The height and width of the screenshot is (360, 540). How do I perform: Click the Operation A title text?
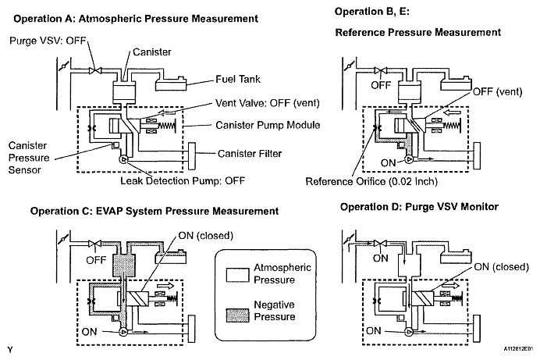[x=136, y=19]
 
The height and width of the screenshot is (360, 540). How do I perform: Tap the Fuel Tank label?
[x=238, y=79]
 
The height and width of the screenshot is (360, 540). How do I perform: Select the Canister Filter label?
[x=250, y=154]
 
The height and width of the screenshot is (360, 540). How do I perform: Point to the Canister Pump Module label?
[x=268, y=125]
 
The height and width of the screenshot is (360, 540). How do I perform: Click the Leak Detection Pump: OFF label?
[x=183, y=181]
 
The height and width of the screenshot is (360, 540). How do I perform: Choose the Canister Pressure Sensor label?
[x=29, y=158]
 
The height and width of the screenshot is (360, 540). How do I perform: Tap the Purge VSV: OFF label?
[x=48, y=41]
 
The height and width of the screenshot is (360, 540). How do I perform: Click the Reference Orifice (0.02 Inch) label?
[x=371, y=181]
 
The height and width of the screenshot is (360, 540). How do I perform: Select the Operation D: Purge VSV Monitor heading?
[x=420, y=207]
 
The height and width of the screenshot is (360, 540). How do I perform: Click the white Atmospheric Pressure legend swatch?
[x=238, y=275]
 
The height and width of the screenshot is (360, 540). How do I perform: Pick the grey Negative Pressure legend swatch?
[x=238, y=315]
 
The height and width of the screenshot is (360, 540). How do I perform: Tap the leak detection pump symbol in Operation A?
[x=123, y=159]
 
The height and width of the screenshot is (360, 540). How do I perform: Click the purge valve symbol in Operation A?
[x=94, y=70]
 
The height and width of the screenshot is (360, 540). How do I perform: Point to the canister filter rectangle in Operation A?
[x=192, y=156]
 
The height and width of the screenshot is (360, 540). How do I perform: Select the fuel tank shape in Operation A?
[x=171, y=84]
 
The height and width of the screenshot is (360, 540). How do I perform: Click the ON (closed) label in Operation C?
[x=205, y=236]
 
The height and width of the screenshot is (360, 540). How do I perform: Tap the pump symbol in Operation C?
[x=123, y=332]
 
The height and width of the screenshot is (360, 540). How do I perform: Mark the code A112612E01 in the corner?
[x=519, y=349]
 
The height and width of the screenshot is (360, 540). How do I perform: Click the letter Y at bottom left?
[x=10, y=350]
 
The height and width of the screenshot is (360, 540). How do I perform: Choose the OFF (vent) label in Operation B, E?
[x=497, y=92]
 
